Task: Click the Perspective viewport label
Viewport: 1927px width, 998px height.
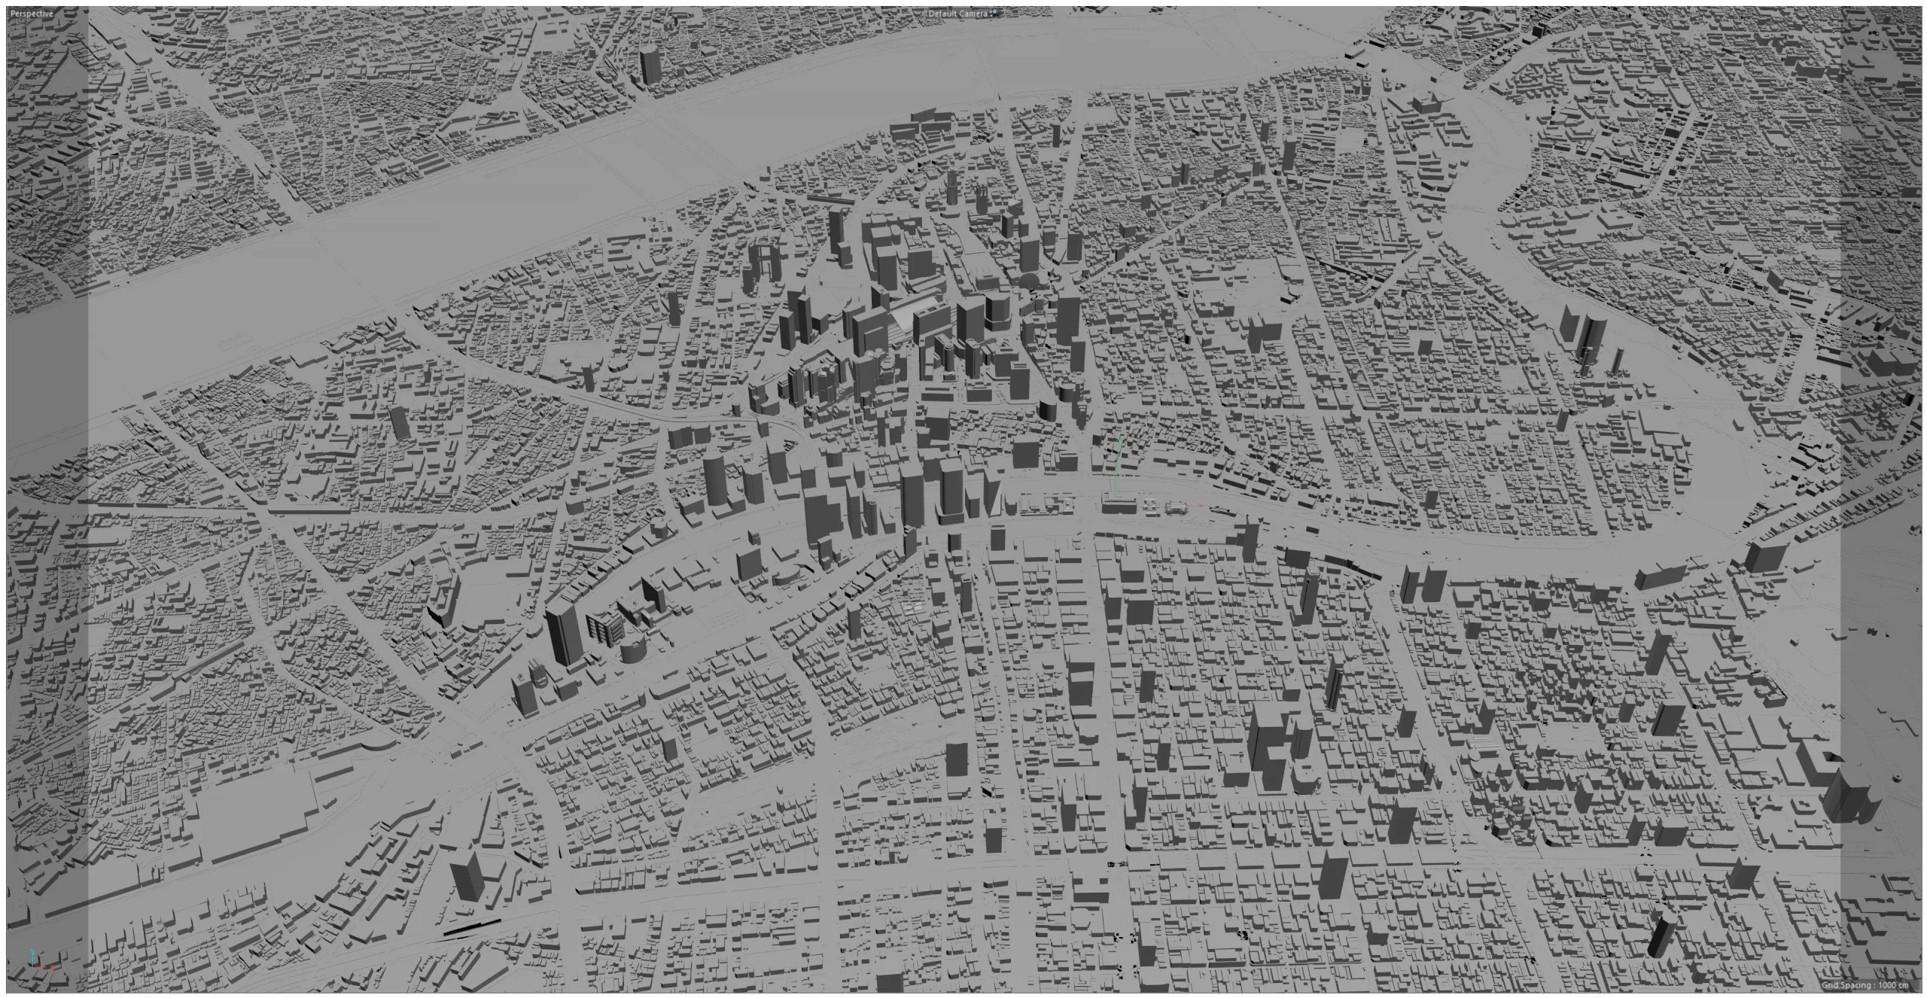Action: click(x=32, y=14)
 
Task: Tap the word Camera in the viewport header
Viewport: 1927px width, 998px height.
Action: click(x=975, y=14)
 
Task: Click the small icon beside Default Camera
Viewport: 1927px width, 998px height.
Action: click(x=994, y=13)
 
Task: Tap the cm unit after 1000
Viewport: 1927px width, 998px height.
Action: click(x=1906, y=986)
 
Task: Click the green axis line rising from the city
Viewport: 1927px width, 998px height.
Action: click(x=1118, y=467)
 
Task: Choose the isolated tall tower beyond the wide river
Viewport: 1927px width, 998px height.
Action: click(x=649, y=64)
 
